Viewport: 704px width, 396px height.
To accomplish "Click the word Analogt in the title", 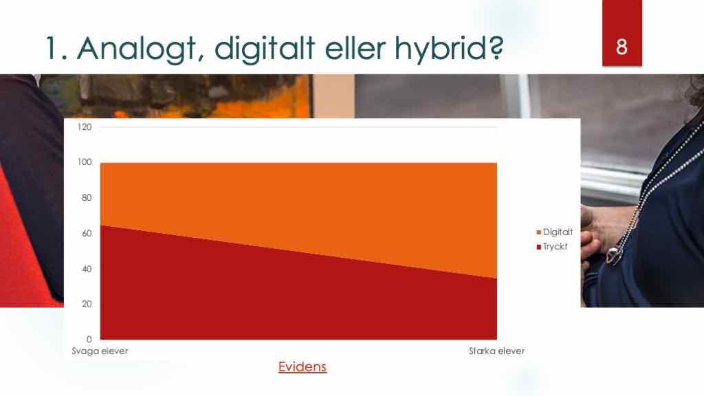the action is (137, 49).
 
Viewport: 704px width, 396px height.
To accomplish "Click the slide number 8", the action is (621, 47).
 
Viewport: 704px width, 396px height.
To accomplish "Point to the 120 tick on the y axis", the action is (85, 127).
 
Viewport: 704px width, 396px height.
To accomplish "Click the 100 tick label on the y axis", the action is (85, 162).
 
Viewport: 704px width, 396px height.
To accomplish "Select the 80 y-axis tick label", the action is (87, 197).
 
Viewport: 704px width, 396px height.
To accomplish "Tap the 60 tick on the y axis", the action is (87, 234).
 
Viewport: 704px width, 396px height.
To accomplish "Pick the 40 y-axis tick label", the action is (87, 269).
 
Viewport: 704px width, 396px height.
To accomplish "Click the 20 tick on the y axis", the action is (87, 304).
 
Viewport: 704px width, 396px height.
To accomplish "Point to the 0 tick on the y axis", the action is (89, 340).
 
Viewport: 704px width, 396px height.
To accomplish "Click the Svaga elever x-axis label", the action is (100, 351).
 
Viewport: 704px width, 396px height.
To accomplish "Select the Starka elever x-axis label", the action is (496, 351).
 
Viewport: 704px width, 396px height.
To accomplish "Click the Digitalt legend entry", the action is (555, 232).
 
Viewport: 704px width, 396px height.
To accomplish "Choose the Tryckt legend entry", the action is (552, 247).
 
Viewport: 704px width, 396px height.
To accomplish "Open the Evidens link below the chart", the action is (302, 367).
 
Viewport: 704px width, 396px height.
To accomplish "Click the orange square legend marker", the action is (539, 232).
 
